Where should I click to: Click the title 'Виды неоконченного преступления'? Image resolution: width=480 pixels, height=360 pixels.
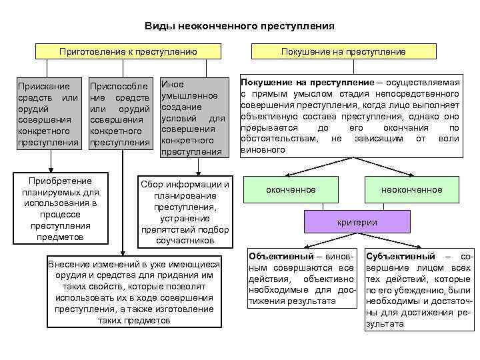(x=239, y=26)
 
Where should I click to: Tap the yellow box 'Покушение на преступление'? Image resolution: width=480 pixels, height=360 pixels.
(x=343, y=51)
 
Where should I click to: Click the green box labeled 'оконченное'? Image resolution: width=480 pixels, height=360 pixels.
(x=291, y=190)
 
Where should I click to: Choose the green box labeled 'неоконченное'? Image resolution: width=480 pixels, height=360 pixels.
(x=411, y=190)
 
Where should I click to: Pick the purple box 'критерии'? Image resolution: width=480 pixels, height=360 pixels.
(x=357, y=222)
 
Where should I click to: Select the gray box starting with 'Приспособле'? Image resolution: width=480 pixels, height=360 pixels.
(x=119, y=115)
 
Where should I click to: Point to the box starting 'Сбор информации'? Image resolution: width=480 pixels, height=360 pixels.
(x=185, y=212)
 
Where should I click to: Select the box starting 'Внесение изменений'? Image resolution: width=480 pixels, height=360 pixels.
(x=134, y=292)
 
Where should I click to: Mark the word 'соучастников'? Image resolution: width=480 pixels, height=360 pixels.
(x=185, y=240)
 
